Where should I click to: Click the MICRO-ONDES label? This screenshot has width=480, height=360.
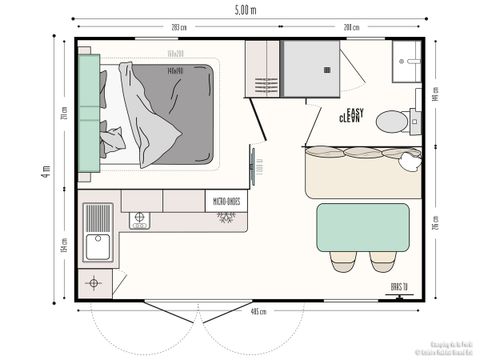[225, 201]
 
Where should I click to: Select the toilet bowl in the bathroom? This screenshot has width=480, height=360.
[393, 121]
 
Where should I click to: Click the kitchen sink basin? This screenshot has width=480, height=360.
[98, 246]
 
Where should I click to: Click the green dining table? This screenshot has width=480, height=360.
[363, 227]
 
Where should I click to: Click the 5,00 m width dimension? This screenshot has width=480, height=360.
[245, 9]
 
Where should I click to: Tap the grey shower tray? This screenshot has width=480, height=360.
[311, 68]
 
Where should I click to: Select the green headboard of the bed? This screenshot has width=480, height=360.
[88, 115]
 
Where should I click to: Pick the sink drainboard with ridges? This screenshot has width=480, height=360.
[98, 217]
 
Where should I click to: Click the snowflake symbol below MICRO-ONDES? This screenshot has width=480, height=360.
[225, 216]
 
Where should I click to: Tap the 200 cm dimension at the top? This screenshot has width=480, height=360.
[351, 27]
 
